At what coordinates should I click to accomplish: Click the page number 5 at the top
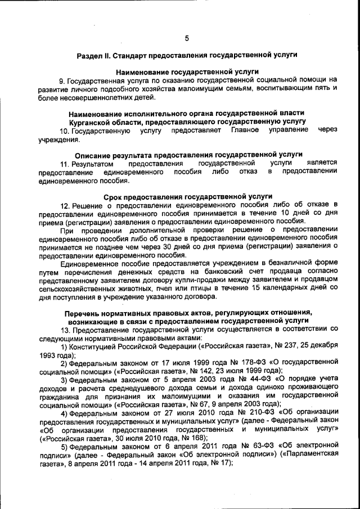click(186, 38)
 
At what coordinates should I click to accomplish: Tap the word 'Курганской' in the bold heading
click(91, 121)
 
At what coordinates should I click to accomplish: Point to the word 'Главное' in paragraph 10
click(245, 130)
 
